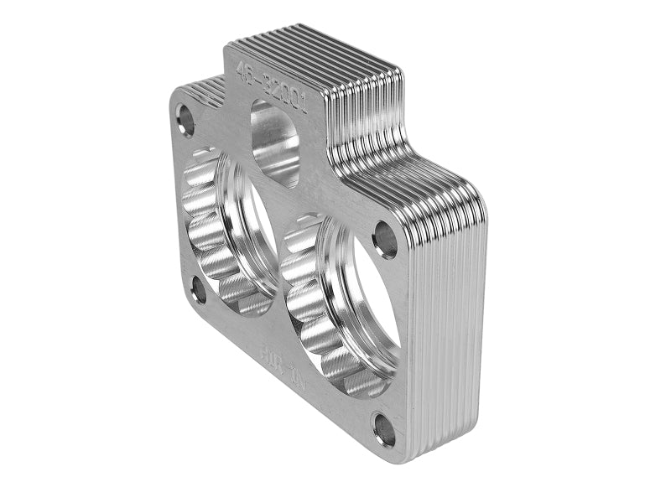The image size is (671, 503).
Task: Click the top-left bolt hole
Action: click(x=185, y=119)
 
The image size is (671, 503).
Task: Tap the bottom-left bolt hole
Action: click(x=199, y=291)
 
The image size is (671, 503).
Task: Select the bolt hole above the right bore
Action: click(x=384, y=239)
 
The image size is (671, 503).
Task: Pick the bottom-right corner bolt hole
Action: click(x=383, y=429)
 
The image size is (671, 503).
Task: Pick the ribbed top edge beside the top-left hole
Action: click(x=201, y=88)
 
